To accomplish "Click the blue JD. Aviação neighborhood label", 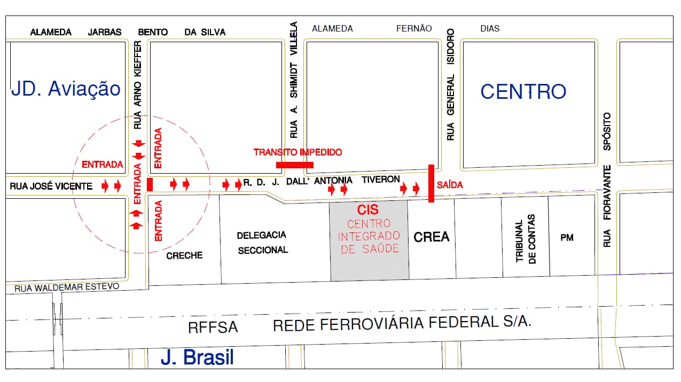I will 66,89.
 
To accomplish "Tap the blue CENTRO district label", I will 523,91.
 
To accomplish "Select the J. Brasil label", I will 197,357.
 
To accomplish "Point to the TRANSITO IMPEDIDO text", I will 298,152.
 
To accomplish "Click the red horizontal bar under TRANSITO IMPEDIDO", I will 295,165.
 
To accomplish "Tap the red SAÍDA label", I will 449,185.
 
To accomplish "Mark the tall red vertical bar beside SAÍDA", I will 431,183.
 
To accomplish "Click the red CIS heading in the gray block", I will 367,210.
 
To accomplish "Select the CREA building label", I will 432,237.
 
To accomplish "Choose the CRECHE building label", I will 184,255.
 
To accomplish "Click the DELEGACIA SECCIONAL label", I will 262,242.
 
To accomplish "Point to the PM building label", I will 567,237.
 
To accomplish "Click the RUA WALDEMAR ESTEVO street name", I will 67,288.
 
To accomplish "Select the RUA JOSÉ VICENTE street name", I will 51,186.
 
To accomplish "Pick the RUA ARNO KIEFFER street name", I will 138,85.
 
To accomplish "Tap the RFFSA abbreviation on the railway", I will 213,327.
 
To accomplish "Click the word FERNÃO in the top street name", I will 413,29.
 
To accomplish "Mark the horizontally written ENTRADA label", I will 102,165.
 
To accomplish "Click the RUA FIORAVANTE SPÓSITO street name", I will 607,180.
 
